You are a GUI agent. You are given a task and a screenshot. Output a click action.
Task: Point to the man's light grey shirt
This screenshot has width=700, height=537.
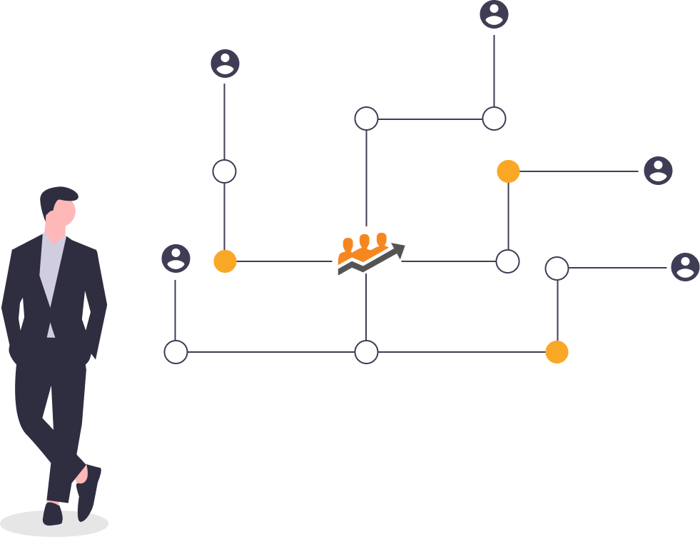(52, 271)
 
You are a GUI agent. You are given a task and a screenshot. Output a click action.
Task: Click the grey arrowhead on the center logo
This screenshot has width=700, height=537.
(397, 251)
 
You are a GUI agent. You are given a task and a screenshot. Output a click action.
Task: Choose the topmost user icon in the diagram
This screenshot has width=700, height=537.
(494, 14)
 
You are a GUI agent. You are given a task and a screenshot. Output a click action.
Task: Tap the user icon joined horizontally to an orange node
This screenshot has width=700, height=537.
(657, 171)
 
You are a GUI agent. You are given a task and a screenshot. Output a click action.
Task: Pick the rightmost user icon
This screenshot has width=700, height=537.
(685, 267)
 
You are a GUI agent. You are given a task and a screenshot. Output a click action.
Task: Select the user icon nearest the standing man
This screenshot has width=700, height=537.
(176, 259)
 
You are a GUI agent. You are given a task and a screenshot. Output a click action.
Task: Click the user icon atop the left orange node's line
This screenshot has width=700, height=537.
(225, 64)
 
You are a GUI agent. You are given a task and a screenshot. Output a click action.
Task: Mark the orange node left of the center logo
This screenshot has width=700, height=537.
(225, 261)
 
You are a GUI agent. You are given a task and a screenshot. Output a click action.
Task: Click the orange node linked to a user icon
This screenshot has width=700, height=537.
(508, 171)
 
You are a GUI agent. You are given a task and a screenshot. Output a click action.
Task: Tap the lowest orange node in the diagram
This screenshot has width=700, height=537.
(557, 352)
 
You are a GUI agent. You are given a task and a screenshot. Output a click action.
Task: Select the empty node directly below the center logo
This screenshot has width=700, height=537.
(366, 352)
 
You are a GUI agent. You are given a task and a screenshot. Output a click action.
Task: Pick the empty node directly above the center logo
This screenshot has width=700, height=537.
(366, 119)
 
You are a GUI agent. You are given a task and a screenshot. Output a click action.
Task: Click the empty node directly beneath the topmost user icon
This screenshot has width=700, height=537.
(494, 119)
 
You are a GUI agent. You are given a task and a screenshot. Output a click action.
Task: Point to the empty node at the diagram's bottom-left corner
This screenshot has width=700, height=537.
(176, 352)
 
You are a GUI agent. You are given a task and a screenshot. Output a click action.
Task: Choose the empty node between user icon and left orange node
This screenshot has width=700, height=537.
(225, 171)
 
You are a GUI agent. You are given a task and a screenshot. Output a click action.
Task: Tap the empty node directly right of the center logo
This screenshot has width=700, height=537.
(507, 261)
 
